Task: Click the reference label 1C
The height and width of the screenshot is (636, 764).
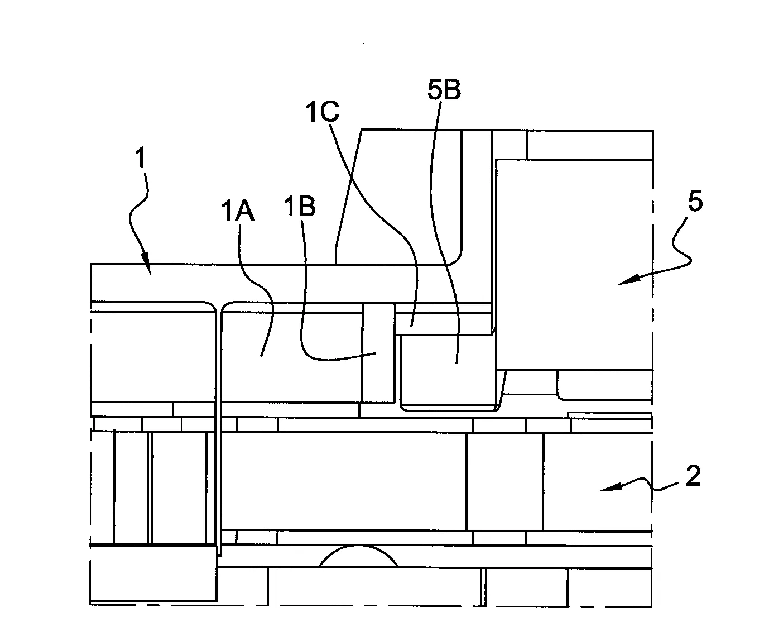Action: [x=322, y=112]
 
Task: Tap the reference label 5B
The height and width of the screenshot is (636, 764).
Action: [x=444, y=89]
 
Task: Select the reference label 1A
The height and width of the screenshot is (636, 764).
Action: [x=238, y=211]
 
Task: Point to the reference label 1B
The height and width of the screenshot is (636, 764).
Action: [x=299, y=206]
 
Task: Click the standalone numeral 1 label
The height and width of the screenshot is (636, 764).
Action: [x=141, y=157]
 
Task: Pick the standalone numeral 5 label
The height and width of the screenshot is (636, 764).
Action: [x=695, y=201]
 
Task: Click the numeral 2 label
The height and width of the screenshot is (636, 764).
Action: [x=693, y=476]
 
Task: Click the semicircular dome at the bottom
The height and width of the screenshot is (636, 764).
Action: [x=359, y=557]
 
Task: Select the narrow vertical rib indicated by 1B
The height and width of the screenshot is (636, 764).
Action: [x=378, y=352]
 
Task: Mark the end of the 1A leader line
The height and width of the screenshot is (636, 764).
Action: [x=261, y=356]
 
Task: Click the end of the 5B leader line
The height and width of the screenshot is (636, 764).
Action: [x=457, y=363]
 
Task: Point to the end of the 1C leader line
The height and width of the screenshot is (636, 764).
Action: [x=412, y=326]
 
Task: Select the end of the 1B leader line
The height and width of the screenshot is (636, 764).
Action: [x=376, y=353]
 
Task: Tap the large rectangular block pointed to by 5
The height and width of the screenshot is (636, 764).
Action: [x=574, y=264]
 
